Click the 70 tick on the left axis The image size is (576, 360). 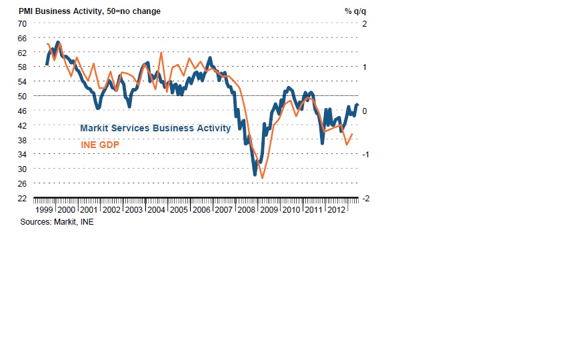(22, 23)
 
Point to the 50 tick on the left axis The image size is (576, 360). (22, 96)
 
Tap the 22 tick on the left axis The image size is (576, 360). (22, 199)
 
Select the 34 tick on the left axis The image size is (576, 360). (22, 155)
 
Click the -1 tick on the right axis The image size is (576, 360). (364, 155)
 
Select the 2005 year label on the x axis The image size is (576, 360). (178, 210)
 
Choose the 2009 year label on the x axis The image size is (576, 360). (268, 210)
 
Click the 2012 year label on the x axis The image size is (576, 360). (335, 210)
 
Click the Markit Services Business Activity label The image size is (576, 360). (155, 128)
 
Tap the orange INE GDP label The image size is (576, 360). (99, 144)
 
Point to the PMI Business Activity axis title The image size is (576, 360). (89, 11)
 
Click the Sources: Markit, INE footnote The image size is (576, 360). (57, 223)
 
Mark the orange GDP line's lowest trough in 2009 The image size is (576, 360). (263, 178)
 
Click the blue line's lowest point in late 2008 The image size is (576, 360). (255, 175)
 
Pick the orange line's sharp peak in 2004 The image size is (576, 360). (161, 53)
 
